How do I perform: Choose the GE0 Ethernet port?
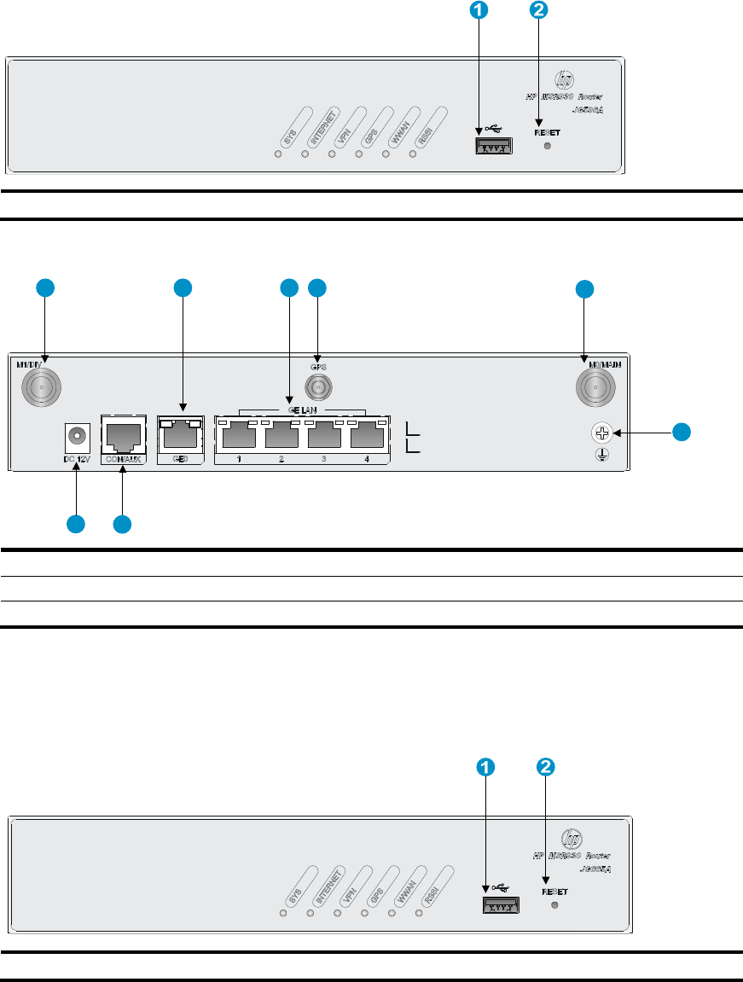click(182, 436)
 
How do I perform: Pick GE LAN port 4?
click(369, 438)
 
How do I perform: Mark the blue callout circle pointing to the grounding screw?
click(681, 432)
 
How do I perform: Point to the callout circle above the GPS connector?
click(317, 288)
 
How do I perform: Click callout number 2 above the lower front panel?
click(545, 767)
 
